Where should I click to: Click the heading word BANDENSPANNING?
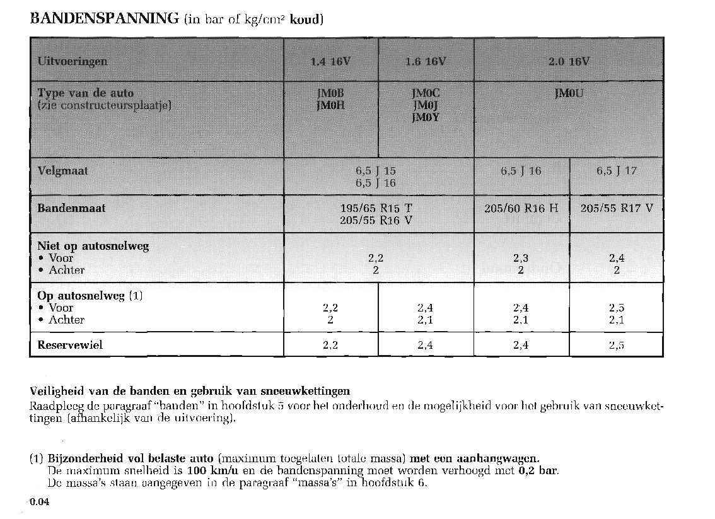(105, 18)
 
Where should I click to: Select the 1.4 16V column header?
(330, 62)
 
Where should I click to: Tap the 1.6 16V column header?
(426, 62)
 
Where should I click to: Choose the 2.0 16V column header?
(569, 62)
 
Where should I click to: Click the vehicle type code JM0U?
(569, 94)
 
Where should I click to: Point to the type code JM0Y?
(426, 117)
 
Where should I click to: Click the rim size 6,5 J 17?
(617, 170)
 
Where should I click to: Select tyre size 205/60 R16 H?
(521, 208)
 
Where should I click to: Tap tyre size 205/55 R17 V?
(617, 208)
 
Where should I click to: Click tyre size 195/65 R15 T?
(376, 208)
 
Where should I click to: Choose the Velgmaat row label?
(63, 171)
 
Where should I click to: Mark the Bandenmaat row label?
(71, 208)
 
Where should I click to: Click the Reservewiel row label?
(70, 345)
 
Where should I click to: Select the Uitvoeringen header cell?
(73, 62)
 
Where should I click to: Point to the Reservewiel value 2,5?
(617, 345)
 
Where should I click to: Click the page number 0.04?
(38, 502)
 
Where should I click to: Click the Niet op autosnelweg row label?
(93, 246)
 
